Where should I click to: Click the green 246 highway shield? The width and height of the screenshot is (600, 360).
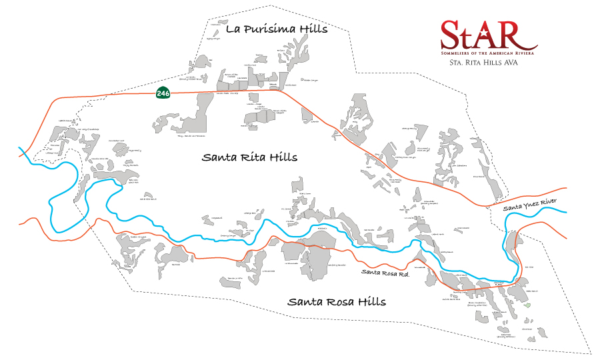click(x=163, y=93)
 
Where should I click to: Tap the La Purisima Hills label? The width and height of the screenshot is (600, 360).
click(x=276, y=29)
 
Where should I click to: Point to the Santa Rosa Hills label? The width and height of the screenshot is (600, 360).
click(x=336, y=301)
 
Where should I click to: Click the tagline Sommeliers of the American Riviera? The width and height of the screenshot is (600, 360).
click(x=489, y=51)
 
